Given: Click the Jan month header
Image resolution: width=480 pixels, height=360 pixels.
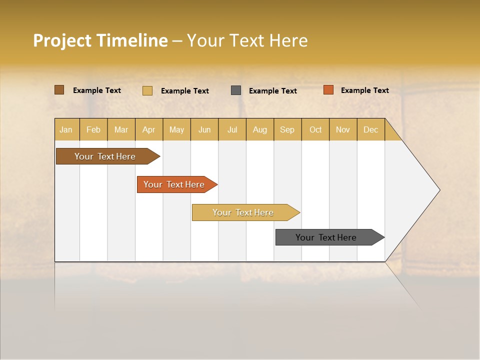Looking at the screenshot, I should pos(66,129).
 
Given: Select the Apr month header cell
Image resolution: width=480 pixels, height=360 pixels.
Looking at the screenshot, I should pos(149,129).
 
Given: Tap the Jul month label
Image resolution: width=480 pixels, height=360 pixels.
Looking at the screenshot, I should pos(232,129).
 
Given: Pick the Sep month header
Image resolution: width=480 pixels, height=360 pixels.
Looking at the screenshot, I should pos(287,129).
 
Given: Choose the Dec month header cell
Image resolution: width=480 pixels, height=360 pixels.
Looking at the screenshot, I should pos(370,129).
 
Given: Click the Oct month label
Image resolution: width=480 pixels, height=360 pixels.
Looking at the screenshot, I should pos(315,129).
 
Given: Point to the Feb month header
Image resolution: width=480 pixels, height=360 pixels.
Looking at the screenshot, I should pos(93,129).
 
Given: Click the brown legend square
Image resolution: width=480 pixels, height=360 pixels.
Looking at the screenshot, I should pos(59,90).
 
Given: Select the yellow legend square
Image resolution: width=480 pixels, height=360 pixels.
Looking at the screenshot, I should pos(147,90).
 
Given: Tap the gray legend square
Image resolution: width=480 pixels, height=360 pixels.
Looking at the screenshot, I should pos(236,90).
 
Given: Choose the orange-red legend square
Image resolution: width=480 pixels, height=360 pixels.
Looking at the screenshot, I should pos(328,90).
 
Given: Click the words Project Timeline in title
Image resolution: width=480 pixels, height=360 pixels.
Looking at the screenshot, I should pos(100,40).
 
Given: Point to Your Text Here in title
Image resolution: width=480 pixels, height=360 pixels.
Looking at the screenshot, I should pos(247,40).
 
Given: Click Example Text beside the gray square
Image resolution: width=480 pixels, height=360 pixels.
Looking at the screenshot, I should pos(272,91).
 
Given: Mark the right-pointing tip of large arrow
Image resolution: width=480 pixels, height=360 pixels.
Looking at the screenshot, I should pos(439,190).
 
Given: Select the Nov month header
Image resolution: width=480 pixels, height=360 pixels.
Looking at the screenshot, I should pos(343,129).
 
